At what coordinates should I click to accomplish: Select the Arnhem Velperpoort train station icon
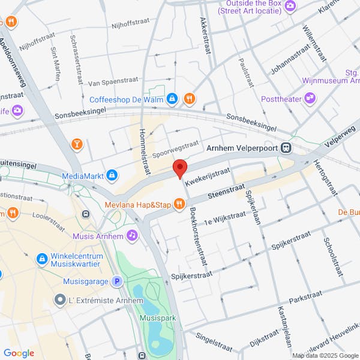pos(287,148)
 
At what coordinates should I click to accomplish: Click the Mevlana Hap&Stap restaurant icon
pos(179,205)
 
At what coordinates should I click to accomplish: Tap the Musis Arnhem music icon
pos(132,236)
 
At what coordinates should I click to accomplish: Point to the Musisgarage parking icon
pos(118,281)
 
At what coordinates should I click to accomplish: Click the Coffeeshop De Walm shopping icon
pos(172,98)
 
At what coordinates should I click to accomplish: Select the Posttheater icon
pos(310,98)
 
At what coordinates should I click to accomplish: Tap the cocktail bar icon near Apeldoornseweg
pos(77,144)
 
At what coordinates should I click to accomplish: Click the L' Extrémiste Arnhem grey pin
pos(59,299)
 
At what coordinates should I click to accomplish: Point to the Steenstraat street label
pos(227,193)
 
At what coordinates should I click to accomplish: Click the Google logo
pos(19,353)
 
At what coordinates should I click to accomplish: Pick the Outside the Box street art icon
pos(290,6)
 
